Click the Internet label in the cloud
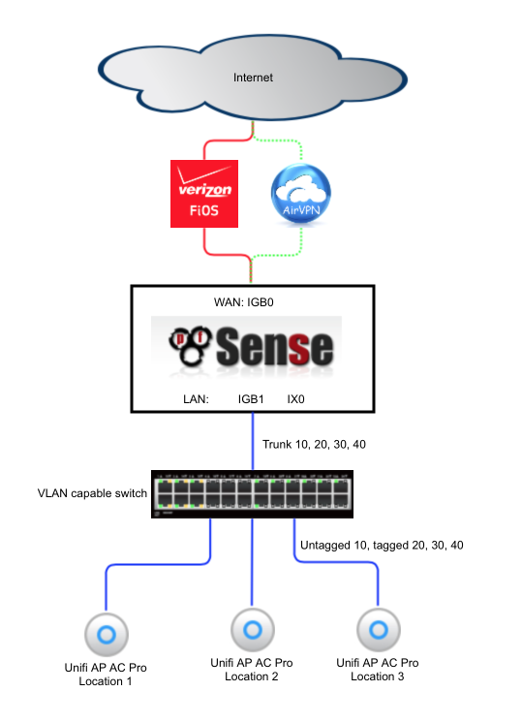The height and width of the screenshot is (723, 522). [x=253, y=78]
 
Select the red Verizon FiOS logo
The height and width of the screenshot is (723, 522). [x=204, y=194]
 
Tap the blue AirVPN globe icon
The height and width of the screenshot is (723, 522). [x=301, y=193]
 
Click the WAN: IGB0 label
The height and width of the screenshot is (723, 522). [x=244, y=302]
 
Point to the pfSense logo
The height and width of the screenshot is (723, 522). [x=251, y=347]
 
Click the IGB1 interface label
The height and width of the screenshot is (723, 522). [x=251, y=399]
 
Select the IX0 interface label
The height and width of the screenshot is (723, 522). [x=295, y=399]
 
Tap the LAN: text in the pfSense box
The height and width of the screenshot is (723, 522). [x=196, y=399]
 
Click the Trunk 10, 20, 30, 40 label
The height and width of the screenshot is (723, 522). [x=314, y=445]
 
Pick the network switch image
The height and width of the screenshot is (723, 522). [x=252, y=494]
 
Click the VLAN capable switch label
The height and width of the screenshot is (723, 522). [x=92, y=493]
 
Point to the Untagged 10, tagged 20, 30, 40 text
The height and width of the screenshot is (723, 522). [x=382, y=546]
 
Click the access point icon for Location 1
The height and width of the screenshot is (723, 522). [x=107, y=635]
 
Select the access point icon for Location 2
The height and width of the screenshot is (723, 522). [x=253, y=630]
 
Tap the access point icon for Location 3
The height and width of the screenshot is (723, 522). [x=379, y=630]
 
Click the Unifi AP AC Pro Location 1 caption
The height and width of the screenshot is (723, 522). [x=106, y=675]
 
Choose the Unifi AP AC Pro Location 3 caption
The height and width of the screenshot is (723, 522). [x=378, y=670]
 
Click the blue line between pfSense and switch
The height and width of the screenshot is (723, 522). [x=253, y=441]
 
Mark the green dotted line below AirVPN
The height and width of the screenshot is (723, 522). [x=300, y=243]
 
